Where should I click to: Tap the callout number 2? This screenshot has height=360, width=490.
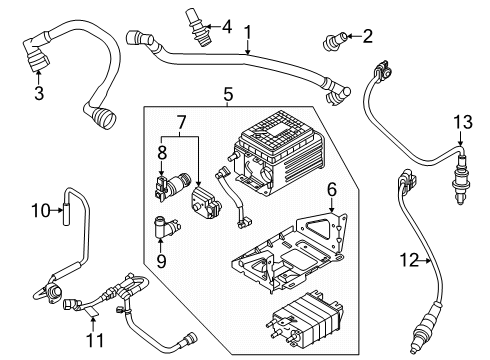point(367,37)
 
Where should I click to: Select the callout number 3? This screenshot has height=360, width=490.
point(40,94)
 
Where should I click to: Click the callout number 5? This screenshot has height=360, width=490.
point(228,95)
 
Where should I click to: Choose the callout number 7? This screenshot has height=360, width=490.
point(180,122)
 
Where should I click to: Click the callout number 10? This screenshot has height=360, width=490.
point(39,210)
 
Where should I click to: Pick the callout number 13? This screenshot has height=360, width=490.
point(461,122)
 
